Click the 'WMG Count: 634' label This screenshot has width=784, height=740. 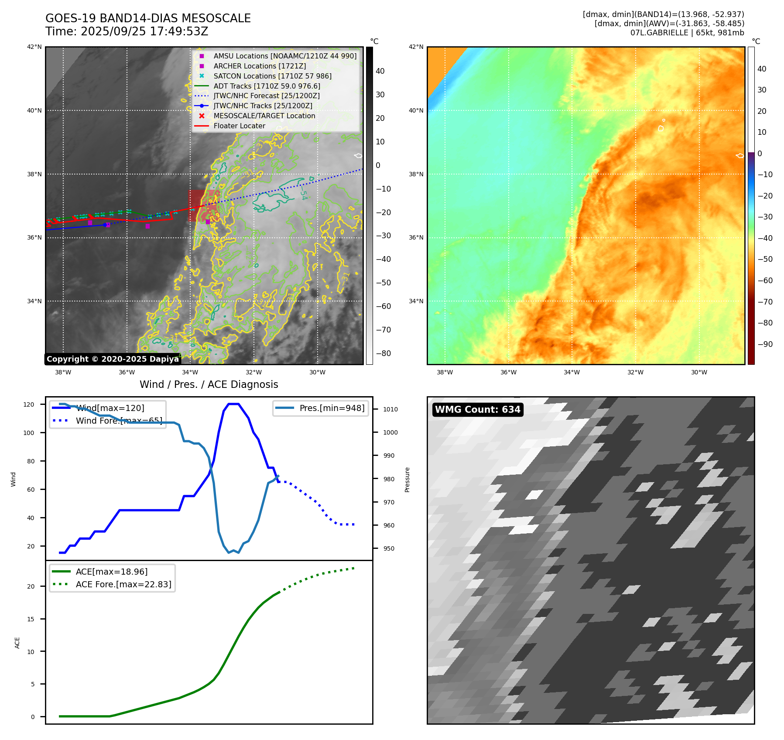pos(477,410)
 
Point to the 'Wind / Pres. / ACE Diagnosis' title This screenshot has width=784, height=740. pos(209,384)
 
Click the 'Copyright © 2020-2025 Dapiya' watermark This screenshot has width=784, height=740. pos(113,359)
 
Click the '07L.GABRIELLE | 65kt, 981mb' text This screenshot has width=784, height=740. pos(687,33)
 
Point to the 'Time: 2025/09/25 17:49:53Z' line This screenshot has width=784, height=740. pos(127,32)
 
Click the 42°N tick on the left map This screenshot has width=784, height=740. pos(34,47)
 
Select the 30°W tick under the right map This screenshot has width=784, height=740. pos(699,372)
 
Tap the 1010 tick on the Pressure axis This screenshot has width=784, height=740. pos(390,409)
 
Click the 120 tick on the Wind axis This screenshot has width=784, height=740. pos(29,404)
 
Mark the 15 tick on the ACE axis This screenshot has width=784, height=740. pos(31,619)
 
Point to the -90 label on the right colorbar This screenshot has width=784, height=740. pos(765,344)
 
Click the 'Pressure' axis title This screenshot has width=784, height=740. pos(407,480)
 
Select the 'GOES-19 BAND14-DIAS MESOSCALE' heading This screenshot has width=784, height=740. pos(148,19)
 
